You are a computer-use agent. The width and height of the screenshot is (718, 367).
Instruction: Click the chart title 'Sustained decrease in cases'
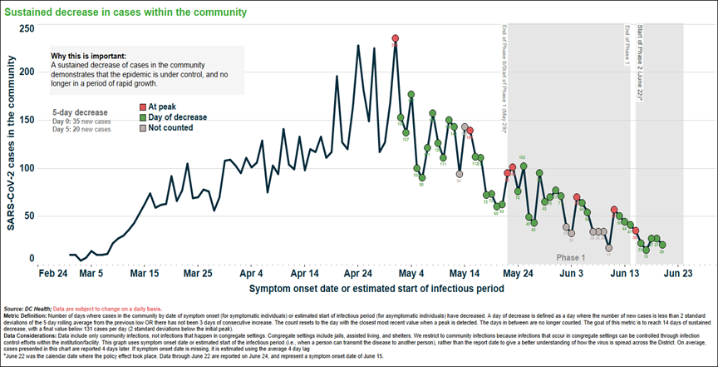[125, 12]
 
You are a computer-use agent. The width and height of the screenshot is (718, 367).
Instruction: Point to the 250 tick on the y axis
[27, 28]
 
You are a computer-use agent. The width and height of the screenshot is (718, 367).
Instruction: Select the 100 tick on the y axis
[27, 168]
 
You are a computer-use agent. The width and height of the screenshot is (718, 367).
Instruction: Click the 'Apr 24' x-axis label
[357, 272]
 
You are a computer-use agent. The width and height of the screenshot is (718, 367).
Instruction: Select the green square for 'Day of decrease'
[142, 118]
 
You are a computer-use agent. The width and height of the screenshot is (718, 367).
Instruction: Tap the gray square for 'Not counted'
[142, 129]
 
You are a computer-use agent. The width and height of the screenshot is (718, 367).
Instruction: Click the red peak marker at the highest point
[395, 38]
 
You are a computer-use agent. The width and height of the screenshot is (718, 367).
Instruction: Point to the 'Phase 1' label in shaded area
[571, 258]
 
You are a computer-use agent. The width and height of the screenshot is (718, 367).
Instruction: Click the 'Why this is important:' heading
[89, 55]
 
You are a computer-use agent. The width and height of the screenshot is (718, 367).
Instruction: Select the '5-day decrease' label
[80, 112]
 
